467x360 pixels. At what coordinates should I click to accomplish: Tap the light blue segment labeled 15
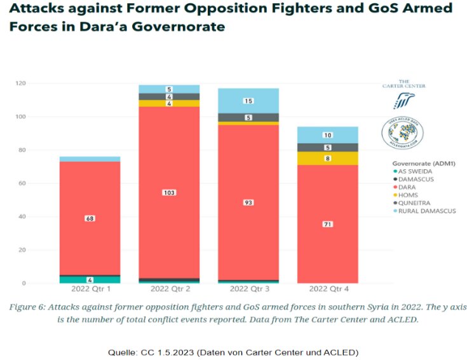[248, 100]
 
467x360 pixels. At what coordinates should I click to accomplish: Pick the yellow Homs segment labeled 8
[328, 158]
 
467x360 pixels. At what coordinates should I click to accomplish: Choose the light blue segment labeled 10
[328, 135]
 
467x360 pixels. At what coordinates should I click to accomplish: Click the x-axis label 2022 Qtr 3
[249, 289]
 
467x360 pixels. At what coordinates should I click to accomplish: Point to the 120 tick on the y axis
[20, 83]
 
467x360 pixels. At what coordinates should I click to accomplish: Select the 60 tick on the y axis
[22, 183]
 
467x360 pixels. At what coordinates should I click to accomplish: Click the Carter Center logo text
[403, 83]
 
